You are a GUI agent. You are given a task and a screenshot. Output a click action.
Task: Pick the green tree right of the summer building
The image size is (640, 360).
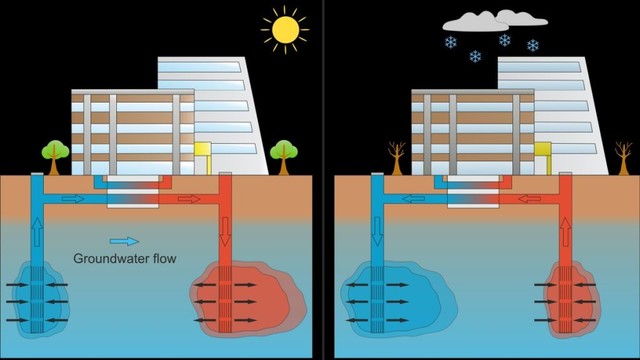(283, 152)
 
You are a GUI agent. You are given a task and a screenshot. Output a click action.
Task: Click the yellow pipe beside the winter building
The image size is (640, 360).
(542, 156)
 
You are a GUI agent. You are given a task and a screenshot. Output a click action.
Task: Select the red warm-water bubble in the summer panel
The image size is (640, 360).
(245, 295)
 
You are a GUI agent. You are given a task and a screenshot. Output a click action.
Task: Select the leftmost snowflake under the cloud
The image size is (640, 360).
(451, 43)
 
